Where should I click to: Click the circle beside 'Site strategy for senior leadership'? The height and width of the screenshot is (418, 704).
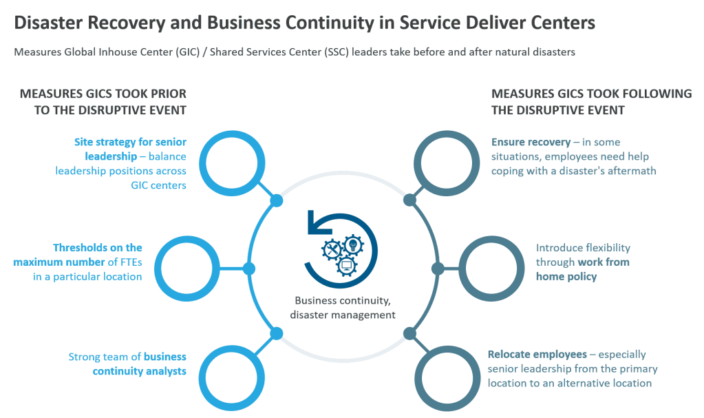click(x=233, y=164)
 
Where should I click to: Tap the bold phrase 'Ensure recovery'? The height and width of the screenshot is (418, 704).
click(x=531, y=142)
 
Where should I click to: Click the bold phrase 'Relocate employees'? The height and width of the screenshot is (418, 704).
click(x=537, y=355)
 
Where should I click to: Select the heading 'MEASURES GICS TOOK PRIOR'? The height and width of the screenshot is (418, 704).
click(x=103, y=94)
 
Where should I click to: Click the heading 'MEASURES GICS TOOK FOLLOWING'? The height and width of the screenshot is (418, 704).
click(x=591, y=94)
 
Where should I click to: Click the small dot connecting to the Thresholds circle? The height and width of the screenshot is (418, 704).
click(x=247, y=268)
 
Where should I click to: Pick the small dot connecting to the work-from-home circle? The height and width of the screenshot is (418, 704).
click(x=437, y=268)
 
